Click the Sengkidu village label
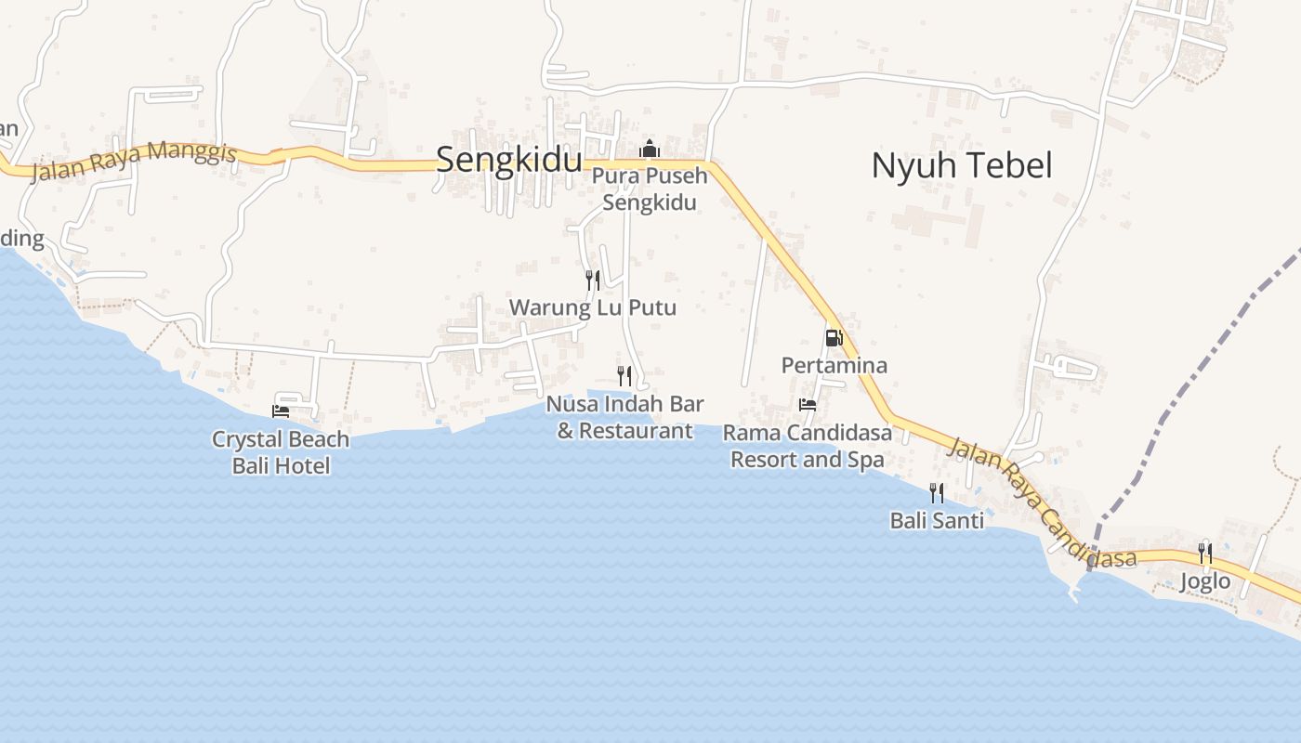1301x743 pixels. (x=508, y=160)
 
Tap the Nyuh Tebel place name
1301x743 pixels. (x=961, y=165)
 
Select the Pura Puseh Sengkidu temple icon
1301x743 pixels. (x=649, y=149)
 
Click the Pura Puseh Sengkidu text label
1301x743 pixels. (x=649, y=189)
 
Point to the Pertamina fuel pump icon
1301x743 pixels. (x=834, y=337)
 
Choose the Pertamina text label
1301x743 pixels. (x=834, y=365)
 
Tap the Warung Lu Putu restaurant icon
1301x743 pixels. (x=592, y=280)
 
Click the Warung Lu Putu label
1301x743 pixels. (x=592, y=307)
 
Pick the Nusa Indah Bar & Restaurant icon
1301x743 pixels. (x=624, y=375)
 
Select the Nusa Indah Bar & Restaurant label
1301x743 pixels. (x=624, y=417)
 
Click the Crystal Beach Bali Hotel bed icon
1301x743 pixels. (x=281, y=411)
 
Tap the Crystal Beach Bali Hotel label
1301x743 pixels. (x=281, y=451)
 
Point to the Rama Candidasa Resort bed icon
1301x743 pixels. (x=808, y=405)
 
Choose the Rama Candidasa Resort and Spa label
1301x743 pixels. (x=808, y=446)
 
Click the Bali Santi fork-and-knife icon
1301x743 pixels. (x=937, y=492)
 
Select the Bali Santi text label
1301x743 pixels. (x=937, y=520)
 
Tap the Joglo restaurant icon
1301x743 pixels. (x=1205, y=554)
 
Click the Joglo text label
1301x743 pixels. (x=1205, y=581)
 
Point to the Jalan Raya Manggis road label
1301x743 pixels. (x=134, y=161)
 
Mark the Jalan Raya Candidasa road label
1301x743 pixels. (x=1041, y=502)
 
